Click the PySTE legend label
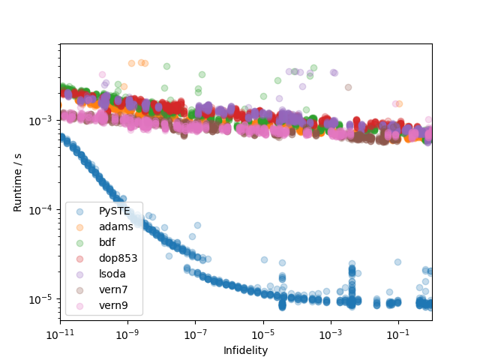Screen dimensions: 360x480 [115, 211]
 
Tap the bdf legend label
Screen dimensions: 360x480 [108, 242]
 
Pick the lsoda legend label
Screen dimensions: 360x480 [113, 274]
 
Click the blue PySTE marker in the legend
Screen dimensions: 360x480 [81, 211]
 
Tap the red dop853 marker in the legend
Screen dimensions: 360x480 [81, 258]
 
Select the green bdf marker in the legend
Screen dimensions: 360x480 [81, 242]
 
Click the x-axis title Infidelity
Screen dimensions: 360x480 [245, 350]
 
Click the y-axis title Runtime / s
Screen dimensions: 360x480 [17, 182]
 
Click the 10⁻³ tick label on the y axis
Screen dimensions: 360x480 [43, 121]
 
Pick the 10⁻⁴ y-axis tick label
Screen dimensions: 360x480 [43, 210]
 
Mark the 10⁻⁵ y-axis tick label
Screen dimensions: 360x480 [43, 299]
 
